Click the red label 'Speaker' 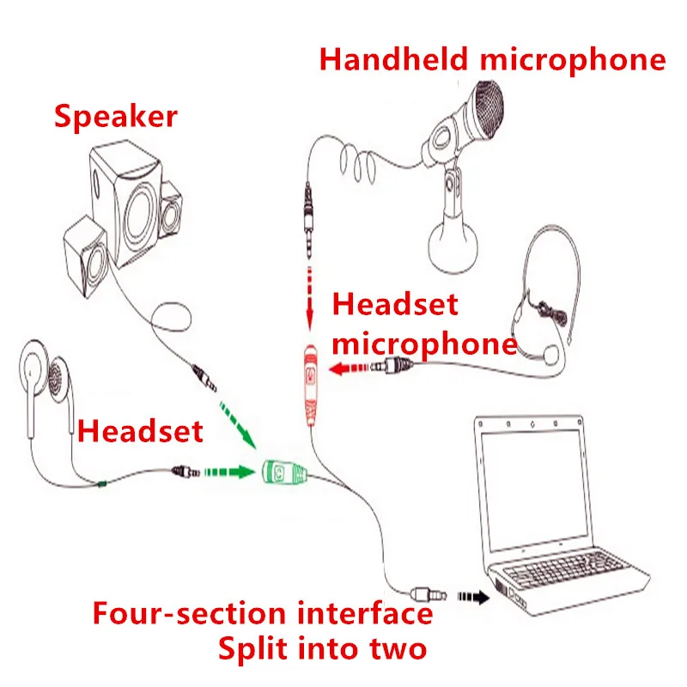[116, 115]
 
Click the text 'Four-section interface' [263, 614]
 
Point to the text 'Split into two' [322, 648]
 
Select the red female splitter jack [310, 382]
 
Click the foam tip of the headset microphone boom [549, 351]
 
